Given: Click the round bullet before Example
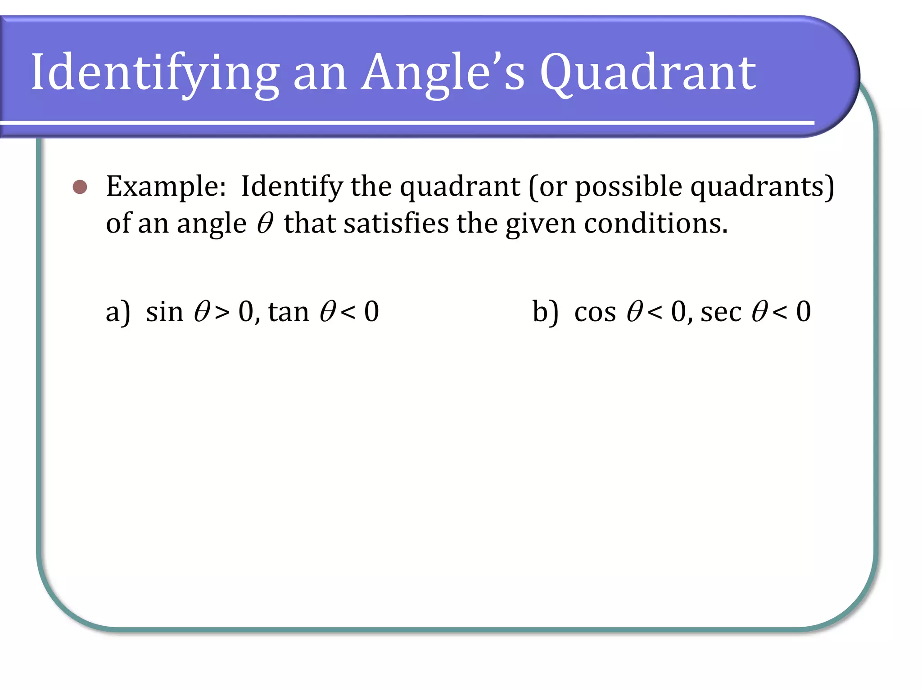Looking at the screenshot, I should (x=80, y=187).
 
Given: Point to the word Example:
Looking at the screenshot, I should (x=166, y=187).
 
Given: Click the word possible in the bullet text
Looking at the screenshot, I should (x=628, y=187).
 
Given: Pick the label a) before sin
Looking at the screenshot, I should (x=118, y=312).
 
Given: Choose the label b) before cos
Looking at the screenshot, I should (x=545, y=312).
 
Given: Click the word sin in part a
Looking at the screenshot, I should (x=165, y=312).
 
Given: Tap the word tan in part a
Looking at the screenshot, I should (x=289, y=312).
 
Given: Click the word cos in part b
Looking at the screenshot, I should (x=595, y=312).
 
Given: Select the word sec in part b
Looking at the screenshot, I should (x=721, y=312).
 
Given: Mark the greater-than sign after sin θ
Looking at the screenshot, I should (x=222, y=312).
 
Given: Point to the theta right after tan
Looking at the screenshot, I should (x=328, y=312).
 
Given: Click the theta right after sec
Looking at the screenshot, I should (x=759, y=312).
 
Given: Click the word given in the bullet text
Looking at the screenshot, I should (x=541, y=224).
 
